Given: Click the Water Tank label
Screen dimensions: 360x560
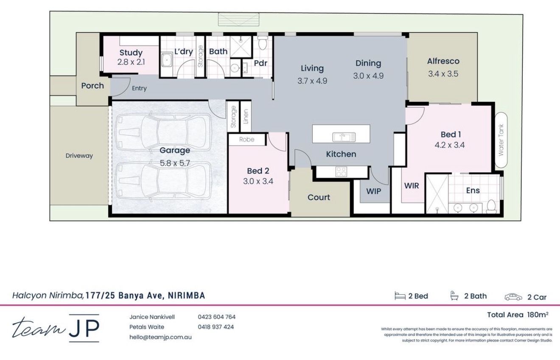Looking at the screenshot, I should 501,141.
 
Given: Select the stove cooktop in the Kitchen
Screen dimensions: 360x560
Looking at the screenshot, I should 342,172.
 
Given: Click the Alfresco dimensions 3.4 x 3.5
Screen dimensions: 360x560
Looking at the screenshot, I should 443,74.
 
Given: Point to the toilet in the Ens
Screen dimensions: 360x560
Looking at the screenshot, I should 492,207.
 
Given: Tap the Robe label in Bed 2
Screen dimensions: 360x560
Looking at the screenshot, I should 246,139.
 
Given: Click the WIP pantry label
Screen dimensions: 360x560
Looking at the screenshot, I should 374,191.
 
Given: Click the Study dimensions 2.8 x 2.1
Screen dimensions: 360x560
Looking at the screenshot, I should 131,62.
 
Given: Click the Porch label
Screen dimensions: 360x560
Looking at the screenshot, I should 92,86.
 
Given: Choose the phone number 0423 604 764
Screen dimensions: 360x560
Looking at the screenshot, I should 216,317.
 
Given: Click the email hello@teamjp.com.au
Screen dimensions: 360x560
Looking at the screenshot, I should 160,337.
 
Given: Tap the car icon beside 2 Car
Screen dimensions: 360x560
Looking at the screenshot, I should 513,297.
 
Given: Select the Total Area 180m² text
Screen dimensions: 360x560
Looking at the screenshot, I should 518,315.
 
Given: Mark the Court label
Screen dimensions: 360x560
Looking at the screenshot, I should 319,197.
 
